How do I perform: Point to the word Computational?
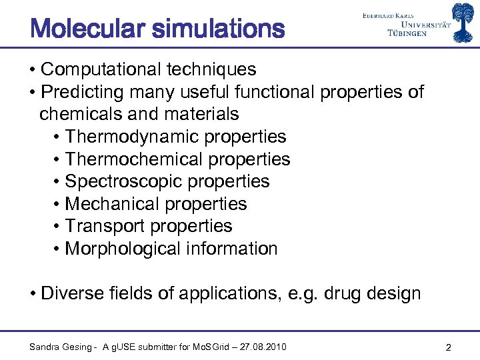tap(105, 69)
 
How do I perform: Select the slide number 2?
tap(449, 347)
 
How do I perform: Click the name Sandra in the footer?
tap(45, 347)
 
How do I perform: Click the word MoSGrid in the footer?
tap(211, 347)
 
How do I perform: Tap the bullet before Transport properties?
tap(58, 227)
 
